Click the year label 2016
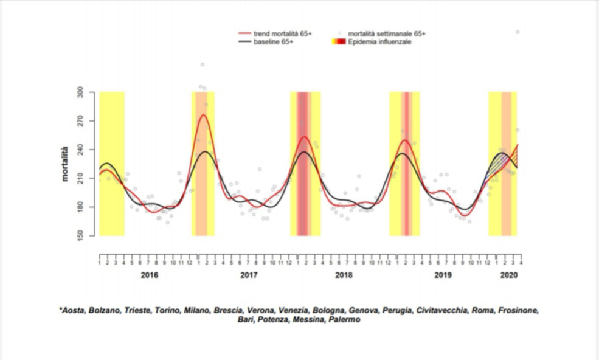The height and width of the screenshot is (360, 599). tap(149, 275)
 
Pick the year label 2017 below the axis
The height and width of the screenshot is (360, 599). tap(249, 275)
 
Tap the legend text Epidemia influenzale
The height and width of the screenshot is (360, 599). tap(380, 42)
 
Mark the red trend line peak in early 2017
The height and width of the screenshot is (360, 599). tap(203, 114)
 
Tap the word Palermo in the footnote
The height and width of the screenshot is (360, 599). tap(344, 319)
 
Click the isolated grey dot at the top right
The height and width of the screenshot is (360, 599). tap(518, 32)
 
